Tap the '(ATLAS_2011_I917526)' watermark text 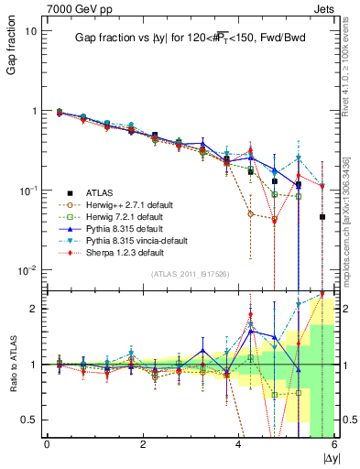(190, 274)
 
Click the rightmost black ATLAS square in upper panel (322, 217)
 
